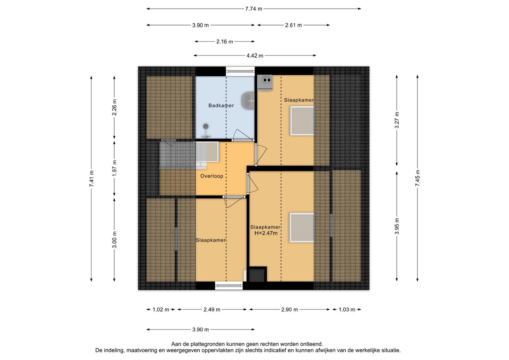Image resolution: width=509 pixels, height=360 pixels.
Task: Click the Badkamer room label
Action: click(221, 105)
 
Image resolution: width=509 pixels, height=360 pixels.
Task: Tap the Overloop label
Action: click(211, 176)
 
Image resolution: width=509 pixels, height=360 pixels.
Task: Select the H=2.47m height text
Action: click(266, 233)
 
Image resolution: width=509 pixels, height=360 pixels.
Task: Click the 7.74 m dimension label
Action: click(253, 9)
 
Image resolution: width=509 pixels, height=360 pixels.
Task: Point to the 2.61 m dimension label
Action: click(293, 25)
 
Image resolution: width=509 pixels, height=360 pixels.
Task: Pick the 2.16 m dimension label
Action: click(224, 42)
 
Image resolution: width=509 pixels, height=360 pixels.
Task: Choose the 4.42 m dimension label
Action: click(255, 56)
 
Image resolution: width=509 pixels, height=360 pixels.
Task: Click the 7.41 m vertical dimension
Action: click(91, 179)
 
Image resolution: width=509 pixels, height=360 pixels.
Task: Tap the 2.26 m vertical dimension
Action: click(114, 107)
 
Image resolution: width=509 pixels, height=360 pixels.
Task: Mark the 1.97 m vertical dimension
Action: click(114, 168)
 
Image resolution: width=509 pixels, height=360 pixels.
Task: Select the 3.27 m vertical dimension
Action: click(397, 120)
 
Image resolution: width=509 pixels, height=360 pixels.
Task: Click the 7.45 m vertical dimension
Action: click(417, 178)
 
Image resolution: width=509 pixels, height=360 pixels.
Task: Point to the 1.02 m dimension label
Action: click(160, 309)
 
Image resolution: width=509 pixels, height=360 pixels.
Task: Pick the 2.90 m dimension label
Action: click(289, 309)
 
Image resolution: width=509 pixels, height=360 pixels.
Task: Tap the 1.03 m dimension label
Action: click(347, 309)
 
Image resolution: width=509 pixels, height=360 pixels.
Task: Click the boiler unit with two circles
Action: click(265, 82)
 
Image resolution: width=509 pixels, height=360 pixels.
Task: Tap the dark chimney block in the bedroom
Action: click(258, 274)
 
